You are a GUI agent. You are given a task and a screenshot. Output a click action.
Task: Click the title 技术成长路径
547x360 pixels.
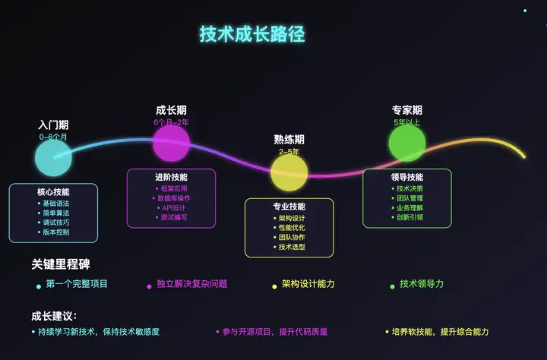[252, 35]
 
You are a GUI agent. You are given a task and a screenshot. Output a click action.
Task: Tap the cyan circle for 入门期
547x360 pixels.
[53, 158]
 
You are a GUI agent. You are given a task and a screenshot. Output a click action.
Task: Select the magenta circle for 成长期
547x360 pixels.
[171, 142]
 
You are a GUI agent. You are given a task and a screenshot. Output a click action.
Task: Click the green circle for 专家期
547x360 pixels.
[406, 142]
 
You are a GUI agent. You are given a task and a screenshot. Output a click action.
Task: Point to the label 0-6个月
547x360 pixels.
[53, 137]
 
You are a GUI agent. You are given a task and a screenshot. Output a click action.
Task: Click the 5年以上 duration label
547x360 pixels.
[406, 122]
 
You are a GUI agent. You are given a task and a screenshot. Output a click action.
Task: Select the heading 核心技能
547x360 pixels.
[53, 192]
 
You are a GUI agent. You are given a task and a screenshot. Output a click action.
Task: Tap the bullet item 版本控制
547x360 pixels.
[55, 232]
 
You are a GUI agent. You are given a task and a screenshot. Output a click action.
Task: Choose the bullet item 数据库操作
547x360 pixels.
[174, 197]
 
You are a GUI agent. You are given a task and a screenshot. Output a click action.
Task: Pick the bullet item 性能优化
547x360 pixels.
[292, 227]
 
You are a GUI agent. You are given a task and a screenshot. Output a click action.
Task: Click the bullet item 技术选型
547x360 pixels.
[292, 247]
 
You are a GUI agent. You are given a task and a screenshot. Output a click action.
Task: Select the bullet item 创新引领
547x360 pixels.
[410, 217]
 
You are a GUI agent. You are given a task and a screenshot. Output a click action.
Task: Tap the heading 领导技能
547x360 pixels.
[407, 178]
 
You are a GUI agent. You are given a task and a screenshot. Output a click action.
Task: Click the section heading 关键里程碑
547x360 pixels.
[60, 264]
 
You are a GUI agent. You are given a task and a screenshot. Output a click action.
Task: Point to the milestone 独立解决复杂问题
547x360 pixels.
[191, 284]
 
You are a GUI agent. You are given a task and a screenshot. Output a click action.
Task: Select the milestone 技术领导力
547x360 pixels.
[421, 284]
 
